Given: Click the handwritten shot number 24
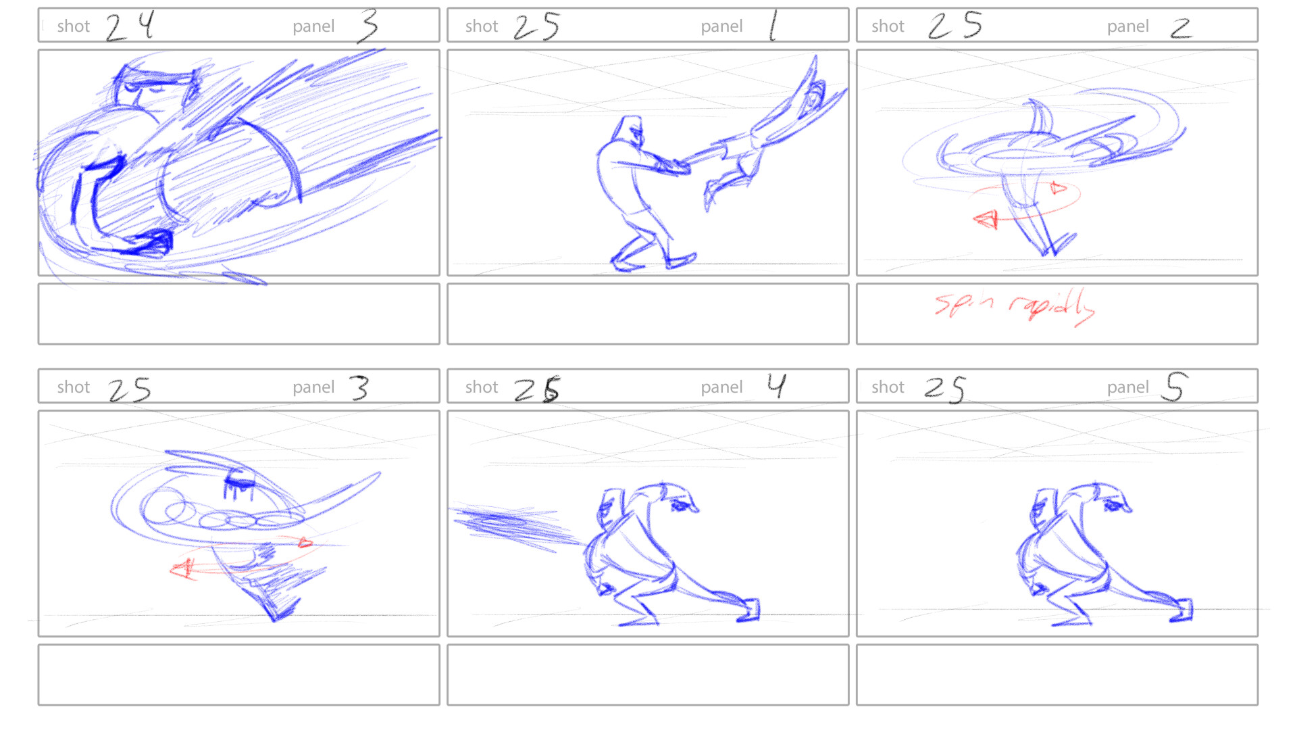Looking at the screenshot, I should (130, 26).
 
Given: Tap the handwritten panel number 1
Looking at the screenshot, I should (773, 26).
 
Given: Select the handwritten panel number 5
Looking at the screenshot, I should (1174, 387).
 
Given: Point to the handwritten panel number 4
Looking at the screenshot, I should (776, 386).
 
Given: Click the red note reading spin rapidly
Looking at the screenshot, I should (1014, 306).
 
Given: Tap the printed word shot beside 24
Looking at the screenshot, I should (73, 26).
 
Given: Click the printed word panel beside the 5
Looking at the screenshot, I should (1127, 387).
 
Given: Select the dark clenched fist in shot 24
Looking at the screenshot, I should (153, 242).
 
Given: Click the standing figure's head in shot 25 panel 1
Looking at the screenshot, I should (630, 128).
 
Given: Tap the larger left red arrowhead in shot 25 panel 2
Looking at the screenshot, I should (986, 219).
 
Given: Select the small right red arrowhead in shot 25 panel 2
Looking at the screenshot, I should (1058, 189).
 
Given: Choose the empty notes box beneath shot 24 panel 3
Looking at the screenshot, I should (238, 314).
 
